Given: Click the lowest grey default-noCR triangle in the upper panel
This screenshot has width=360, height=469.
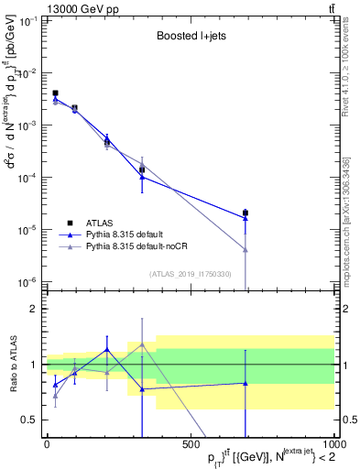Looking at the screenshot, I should [245, 249].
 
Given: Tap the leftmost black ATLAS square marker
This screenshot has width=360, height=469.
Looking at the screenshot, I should [55, 93].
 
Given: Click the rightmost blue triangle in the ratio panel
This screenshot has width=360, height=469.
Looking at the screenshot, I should [245, 383].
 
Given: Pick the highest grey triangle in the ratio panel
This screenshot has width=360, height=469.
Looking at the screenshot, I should [142, 344].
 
